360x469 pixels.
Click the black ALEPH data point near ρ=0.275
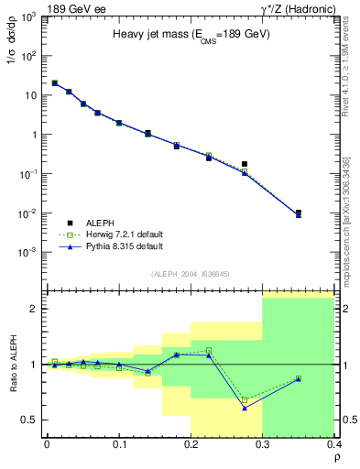[x=245, y=164]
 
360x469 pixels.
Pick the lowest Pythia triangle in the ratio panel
[x=245, y=408]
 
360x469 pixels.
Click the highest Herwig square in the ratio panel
[x=209, y=350]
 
